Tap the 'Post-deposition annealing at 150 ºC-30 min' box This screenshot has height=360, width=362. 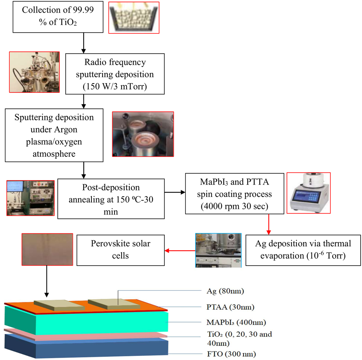click(111, 198)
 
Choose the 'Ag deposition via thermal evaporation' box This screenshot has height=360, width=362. click(303, 250)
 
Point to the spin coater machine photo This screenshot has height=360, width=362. click(308, 193)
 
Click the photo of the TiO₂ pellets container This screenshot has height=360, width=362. click(134, 17)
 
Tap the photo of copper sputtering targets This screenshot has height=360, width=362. click(143, 134)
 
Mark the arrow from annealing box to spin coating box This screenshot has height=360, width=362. click(175, 193)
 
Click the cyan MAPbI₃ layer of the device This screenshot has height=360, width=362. click(85, 320)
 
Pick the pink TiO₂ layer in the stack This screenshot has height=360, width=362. click(85, 335)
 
